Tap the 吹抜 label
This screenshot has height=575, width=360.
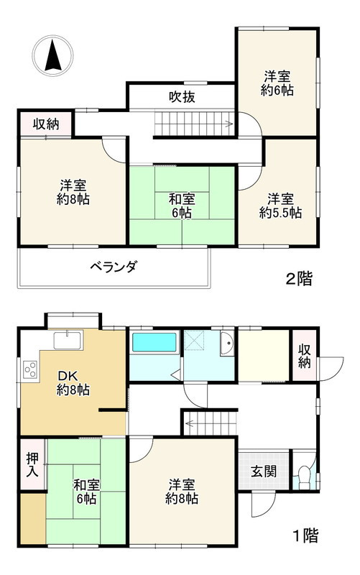click(x=183, y=97)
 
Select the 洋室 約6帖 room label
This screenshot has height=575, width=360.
click(x=277, y=83)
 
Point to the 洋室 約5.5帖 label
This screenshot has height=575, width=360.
click(x=280, y=206)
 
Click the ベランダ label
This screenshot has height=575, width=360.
click(x=114, y=267)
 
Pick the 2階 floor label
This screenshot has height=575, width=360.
click(x=300, y=279)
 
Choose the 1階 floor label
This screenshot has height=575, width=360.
click(x=305, y=535)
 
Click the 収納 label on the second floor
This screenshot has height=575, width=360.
click(x=47, y=124)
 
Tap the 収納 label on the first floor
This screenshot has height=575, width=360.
click(x=304, y=355)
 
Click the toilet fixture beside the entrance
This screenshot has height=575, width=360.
click(x=304, y=476)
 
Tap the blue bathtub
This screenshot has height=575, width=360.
click(x=154, y=341)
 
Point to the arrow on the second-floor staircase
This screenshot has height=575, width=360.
click(x=227, y=124)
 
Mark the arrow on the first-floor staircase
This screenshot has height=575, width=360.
click(x=189, y=423)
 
